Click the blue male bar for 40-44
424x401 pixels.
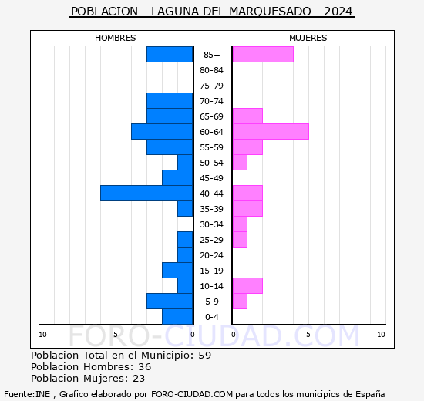[x=146, y=193]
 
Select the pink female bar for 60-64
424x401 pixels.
[x=270, y=131]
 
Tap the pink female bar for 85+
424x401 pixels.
[x=262, y=54]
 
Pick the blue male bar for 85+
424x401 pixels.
[x=170, y=54]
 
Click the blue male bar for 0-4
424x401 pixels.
[x=177, y=316]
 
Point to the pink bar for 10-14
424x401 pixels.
[x=247, y=285]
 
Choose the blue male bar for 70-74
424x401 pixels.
[x=170, y=100]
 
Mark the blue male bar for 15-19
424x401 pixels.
[x=177, y=270]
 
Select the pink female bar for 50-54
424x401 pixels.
[x=239, y=162]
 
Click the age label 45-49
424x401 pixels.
[x=212, y=178]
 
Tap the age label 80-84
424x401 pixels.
[x=212, y=70]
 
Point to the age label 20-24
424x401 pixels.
[x=212, y=255]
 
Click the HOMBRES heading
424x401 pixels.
[x=116, y=38]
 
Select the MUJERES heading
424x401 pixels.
[x=308, y=38]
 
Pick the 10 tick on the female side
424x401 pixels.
[x=381, y=334]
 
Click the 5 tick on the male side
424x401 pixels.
[x=116, y=334]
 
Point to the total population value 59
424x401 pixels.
[x=204, y=356]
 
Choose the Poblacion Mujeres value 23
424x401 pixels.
[x=138, y=379]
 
